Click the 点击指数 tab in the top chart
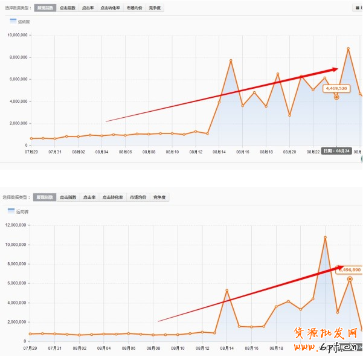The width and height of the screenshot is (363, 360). tap(68, 8)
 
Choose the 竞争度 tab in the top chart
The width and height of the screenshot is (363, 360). tap(156, 8)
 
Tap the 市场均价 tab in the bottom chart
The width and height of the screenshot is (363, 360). tap(138, 197)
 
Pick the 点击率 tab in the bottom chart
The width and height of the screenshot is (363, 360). tap(89, 197)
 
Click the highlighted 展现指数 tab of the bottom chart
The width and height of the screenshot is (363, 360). tap(45, 197)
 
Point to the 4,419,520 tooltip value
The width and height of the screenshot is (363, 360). tap(336, 88)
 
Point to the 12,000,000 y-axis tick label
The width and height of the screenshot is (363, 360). tap(15, 225)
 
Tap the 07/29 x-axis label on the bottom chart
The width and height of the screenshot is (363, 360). tap(30, 349)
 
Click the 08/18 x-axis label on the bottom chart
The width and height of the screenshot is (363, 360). tap(276, 349)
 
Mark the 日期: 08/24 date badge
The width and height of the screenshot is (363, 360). tap(335, 151)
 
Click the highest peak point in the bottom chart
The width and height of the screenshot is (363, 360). tap(325, 237)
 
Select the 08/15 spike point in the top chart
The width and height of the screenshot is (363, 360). tap(231, 60)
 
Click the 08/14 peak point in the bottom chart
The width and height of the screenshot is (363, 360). tap(226, 291)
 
